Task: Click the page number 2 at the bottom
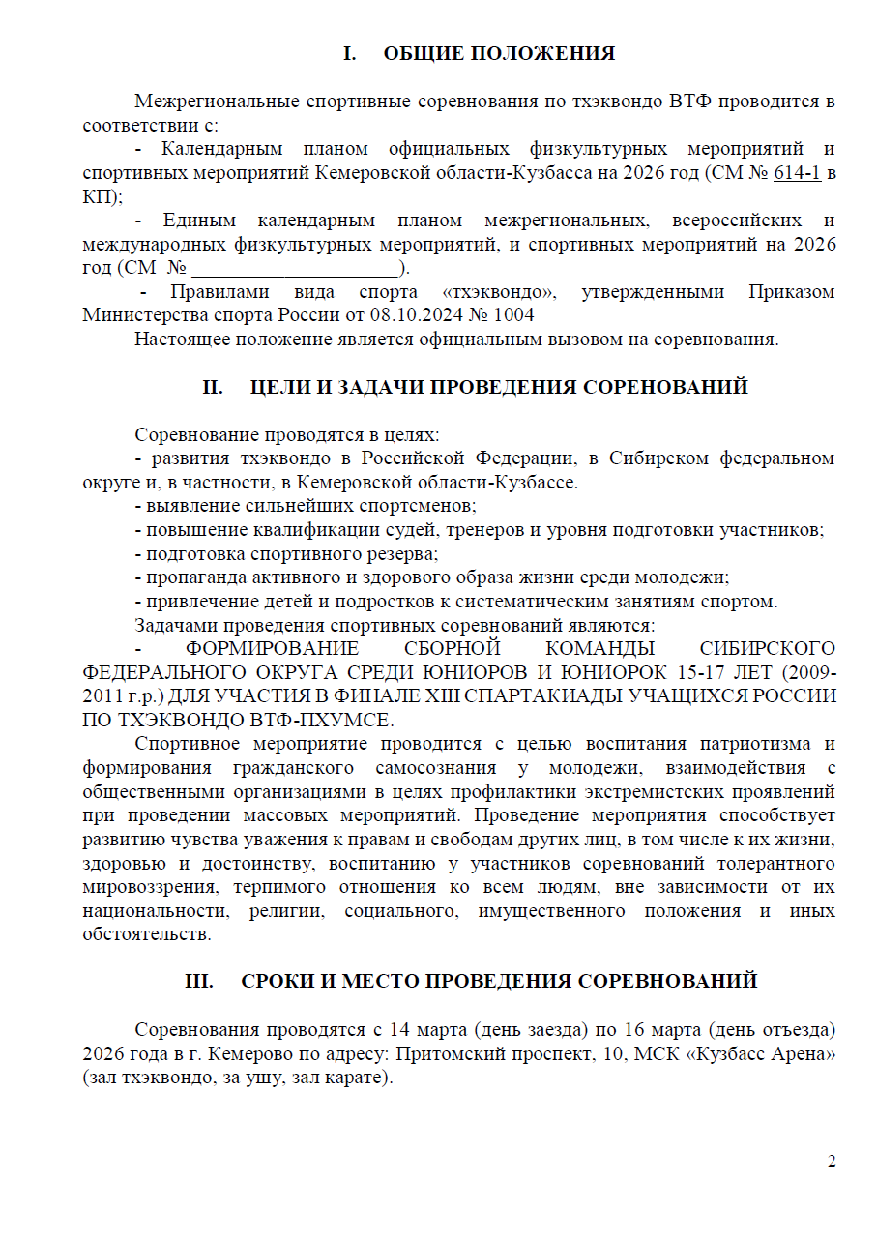(832, 1161)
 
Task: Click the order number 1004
(512, 315)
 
